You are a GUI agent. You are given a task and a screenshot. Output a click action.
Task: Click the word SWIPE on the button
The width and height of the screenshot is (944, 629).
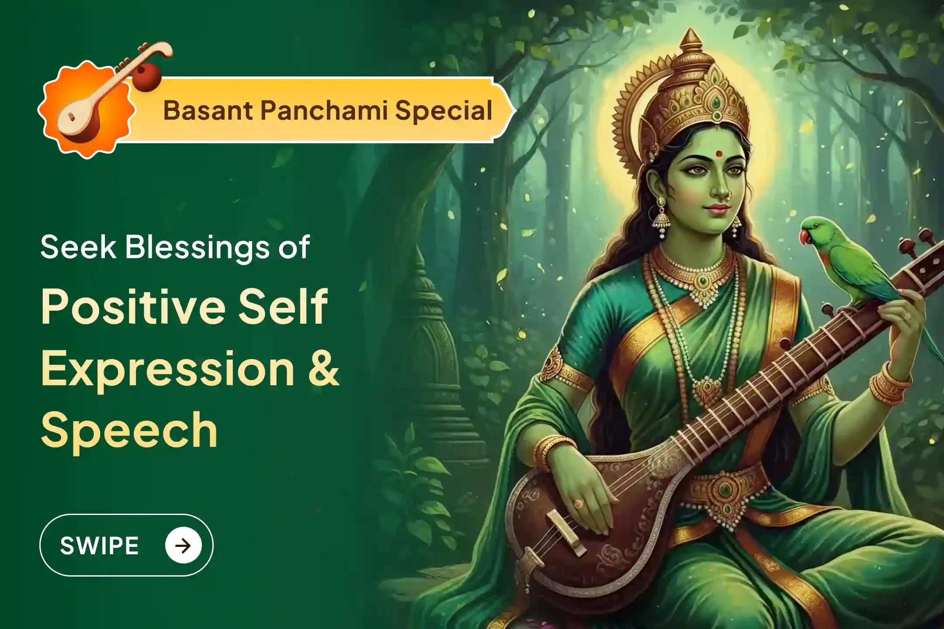[x=99, y=546]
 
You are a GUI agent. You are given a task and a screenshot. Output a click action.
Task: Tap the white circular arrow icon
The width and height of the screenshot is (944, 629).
[x=183, y=545]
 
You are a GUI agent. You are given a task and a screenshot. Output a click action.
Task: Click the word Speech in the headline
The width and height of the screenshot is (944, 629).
[x=129, y=430]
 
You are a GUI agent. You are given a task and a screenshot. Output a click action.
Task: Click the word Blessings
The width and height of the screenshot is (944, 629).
[x=198, y=247]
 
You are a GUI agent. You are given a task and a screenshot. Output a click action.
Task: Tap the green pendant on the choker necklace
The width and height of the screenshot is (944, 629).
[x=703, y=280]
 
